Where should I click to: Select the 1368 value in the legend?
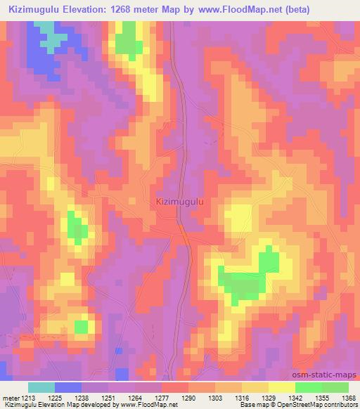point(348,397)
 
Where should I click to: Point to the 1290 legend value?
point(188,397)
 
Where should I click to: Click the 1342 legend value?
point(295,397)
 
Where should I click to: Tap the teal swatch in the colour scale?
point(41,387)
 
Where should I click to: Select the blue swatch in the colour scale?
point(68,387)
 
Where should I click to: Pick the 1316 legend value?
point(242,397)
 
